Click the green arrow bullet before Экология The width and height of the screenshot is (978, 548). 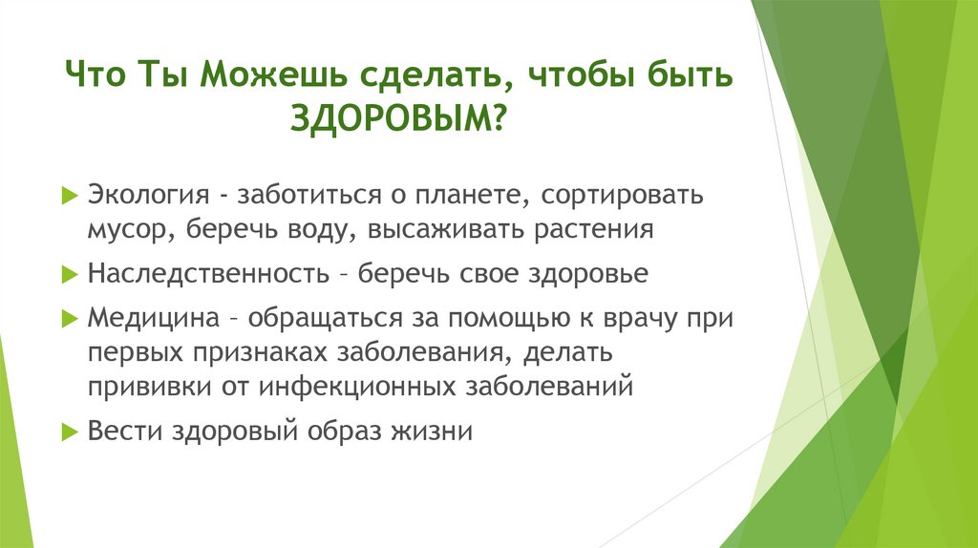[68, 195]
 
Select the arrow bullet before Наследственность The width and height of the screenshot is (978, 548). [68, 274]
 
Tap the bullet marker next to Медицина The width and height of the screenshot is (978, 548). [68, 317]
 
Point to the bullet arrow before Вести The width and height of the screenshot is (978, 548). [68, 431]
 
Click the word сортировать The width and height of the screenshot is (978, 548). [622, 195]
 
